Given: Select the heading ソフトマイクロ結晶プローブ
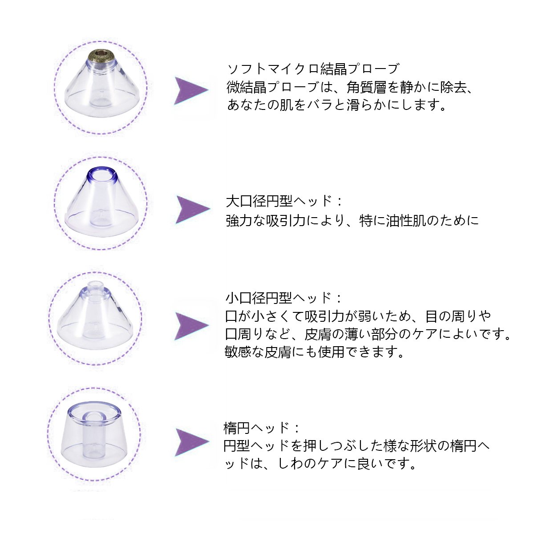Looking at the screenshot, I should click(x=313, y=69).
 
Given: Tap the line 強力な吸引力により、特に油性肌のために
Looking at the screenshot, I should click(x=352, y=220).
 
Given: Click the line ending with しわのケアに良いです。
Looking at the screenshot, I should click(x=320, y=464).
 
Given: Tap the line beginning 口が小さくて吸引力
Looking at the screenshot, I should click(x=358, y=316).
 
